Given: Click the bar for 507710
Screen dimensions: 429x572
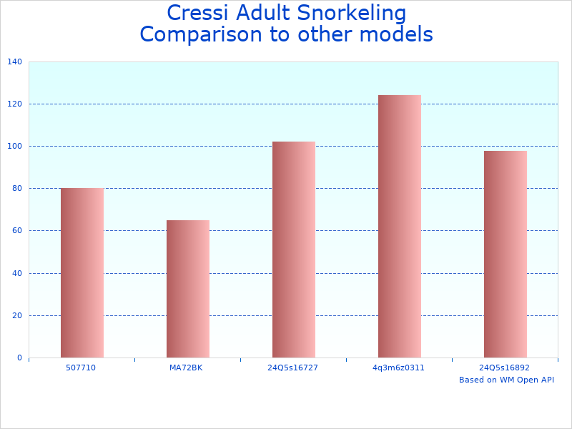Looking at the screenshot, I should pos(82,272).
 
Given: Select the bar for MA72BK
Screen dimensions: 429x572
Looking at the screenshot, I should pos(188,288).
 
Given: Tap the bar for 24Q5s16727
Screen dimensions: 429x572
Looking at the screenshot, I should pos(294,250).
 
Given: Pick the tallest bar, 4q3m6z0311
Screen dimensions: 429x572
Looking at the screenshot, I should pos(400,226).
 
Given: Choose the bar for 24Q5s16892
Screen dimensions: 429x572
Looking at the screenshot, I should pos(506,254).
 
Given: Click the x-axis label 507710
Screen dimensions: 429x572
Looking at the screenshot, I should pos(82,368).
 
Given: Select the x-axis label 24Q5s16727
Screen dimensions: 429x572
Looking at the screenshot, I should pos(293,368).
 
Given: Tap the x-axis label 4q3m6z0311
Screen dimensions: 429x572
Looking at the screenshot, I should pos(399,368).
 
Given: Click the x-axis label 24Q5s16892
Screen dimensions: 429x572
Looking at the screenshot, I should pos(505,368).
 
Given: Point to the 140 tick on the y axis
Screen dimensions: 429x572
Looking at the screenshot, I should pos(14,62).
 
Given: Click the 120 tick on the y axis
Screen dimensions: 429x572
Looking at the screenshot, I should pos(14,104).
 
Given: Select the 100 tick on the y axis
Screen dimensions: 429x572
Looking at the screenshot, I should pos(14,147).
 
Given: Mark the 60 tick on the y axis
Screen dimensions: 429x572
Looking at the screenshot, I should pos(16,231).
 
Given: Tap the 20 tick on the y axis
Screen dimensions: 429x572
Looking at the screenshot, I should pos(16,315).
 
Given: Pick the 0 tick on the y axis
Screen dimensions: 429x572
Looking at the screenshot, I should pos(19,357).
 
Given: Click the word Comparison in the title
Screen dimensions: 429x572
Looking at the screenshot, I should pos(197,34).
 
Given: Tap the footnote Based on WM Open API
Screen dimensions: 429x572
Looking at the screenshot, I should pos(506,380).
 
